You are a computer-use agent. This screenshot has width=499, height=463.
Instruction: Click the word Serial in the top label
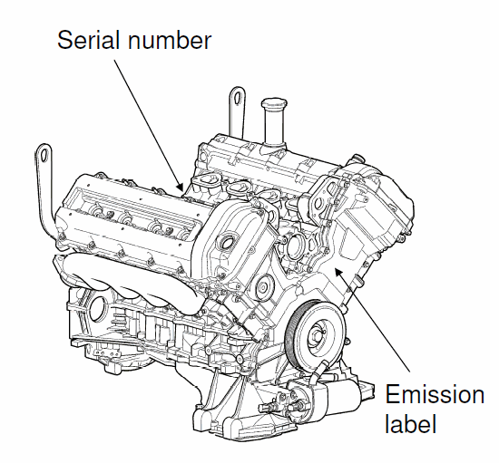coord(88,39)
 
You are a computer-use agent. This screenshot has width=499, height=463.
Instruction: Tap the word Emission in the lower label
coord(435,396)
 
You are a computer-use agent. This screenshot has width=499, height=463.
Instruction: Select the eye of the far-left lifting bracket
coord(41,150)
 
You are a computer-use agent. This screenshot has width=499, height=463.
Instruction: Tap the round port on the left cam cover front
coord(230,242)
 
